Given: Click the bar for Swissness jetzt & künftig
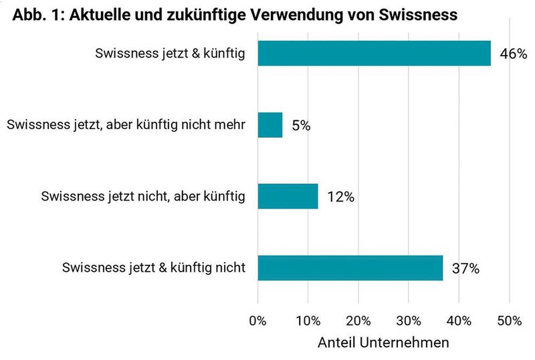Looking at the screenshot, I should [374, 54].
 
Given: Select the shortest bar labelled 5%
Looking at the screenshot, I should [270, 125].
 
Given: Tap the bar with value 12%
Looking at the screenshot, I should [288, 197].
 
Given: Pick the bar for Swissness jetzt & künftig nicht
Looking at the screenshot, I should [350, 268].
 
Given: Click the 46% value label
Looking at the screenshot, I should [514, 54].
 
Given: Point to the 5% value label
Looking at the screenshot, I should [301, 126].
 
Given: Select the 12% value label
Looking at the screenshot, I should [340, 197].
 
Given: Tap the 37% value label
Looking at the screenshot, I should [466, 269].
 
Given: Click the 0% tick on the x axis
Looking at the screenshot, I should [257, 321].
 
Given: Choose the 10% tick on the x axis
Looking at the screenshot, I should [308, 321].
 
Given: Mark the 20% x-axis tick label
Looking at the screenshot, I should [358, 321].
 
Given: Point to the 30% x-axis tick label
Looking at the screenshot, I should [409, 321].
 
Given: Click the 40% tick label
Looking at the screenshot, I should [459, 321].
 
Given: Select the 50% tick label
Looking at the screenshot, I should [510, 321].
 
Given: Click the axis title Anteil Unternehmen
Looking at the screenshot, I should [383, 342].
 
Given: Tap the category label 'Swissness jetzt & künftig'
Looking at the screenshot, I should [171, 54].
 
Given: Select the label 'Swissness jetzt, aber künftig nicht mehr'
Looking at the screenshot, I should [126, 125].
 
